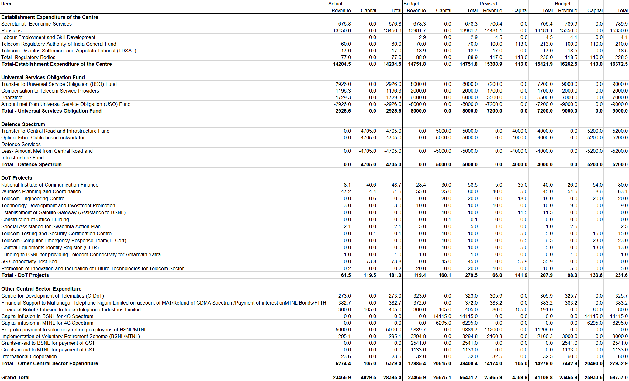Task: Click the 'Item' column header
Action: pos(6,4)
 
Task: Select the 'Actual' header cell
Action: pos(335,4)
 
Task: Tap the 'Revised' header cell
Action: pos(488,4)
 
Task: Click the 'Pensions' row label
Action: pos(12,30)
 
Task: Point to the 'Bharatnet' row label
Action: pos(12,97)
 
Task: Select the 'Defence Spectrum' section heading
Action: pos(23,124)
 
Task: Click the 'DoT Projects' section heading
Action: pos(17,178)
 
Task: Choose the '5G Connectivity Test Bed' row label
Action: pos(29,261)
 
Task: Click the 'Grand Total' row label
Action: pos(15,377)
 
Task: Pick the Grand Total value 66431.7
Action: pos(468,377)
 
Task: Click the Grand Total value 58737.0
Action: pos(619,377)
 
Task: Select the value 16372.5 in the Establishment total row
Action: pos(619,64)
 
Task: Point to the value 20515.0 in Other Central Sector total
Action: pos(442,363)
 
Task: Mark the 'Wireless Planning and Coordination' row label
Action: pos(41,191)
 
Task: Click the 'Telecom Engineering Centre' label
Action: pos(33,198)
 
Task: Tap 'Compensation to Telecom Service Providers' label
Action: pos(50,91)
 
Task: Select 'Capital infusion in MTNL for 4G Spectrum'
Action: pos(47,323)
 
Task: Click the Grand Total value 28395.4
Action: pos(392,377)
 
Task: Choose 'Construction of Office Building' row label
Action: pos(35,219)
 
